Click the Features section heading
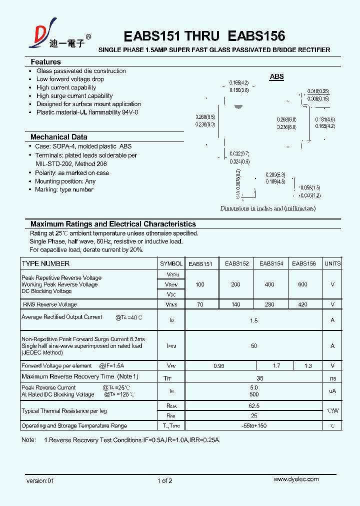45,62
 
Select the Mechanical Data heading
58,137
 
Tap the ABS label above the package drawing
276,77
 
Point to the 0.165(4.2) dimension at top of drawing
239,82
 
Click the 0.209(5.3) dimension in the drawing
275,175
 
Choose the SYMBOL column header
171,263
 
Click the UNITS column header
332,263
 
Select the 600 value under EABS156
302,284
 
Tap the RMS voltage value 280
269,304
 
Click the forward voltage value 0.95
219,366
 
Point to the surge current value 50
254,346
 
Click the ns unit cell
332,378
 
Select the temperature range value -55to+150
254,426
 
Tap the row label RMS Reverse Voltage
50,304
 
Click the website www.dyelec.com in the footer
296,479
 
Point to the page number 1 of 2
164,481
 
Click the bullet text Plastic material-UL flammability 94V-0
87,112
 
